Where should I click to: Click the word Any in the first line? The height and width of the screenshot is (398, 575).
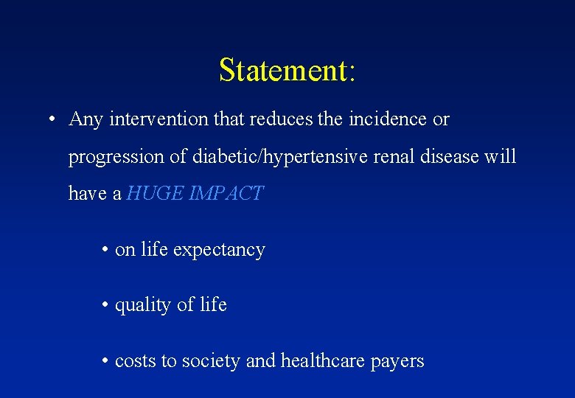[86, 119]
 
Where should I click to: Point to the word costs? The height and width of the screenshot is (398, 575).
[135, 361]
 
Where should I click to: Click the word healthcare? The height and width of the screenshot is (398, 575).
[324, 361]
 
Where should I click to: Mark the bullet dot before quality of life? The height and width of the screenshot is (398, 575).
[107, 305]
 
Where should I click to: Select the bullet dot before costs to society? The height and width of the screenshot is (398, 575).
[107, 361]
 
